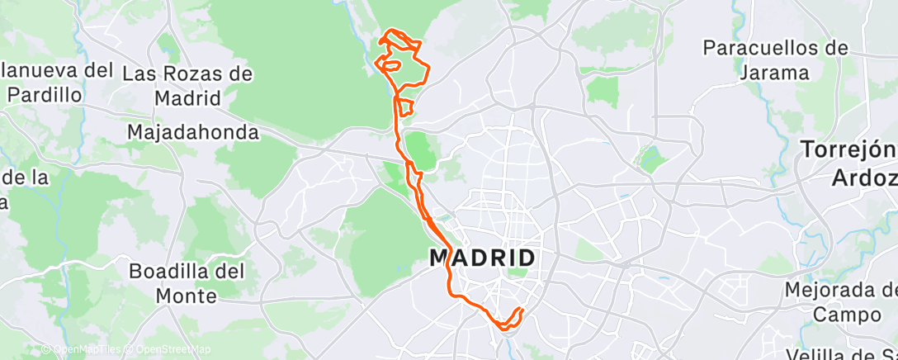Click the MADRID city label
point(482,258)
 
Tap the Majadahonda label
point(193,132)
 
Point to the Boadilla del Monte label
point(177,282)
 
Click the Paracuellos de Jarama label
point(774,59)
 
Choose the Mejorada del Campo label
point(840,302)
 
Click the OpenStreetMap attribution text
point(173,349)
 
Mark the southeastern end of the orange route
point(522,310)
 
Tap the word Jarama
point(774,72)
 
